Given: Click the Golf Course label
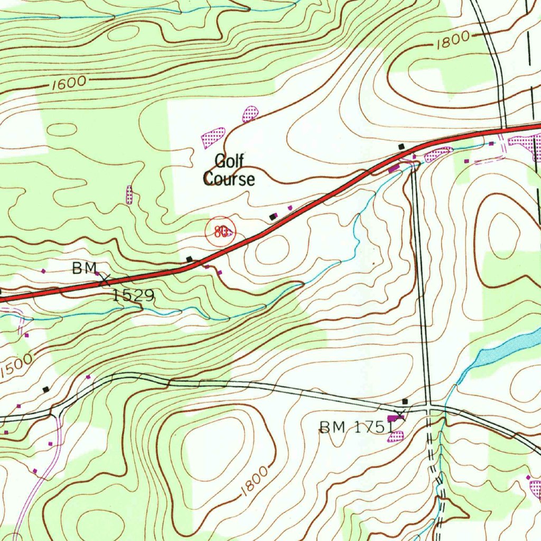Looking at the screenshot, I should click(x=229, y=170).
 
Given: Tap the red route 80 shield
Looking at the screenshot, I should click(x=220, y=231).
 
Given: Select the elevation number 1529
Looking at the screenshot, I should click(x=133, y=295).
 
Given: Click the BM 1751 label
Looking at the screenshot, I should click(x=356, y=427).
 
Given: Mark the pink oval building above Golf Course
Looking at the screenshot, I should click(x=250, y=113).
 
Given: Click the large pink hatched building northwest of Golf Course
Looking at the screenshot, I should click(x=213, y=137).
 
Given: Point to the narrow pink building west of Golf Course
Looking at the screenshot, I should click(x=129, y=194).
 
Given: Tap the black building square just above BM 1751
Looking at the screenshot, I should click(x=405, y=402).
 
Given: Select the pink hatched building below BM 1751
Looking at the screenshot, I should click(x=396, y=436).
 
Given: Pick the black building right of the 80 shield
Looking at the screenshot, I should click(x=273, y=217).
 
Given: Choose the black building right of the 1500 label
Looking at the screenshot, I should click(x=46, y=389).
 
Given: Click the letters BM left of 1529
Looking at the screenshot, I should click(x=82, y=269).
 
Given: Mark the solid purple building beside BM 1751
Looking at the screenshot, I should click(x=394, y=418).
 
